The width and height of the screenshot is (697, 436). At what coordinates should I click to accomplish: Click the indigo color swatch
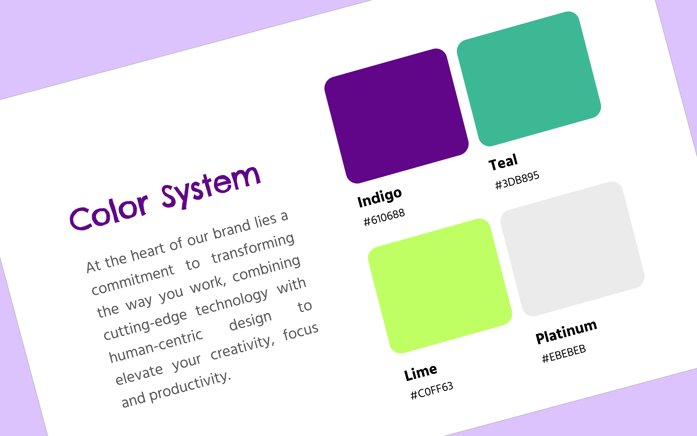pyautogui.click(x=396, y=116)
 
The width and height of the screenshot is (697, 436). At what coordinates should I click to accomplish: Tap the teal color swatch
pyautogui.click(x=529, y=79)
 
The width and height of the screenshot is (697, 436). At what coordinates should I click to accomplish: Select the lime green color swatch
pyautogui.click(x=440, y=286)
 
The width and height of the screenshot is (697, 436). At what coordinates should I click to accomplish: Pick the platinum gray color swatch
pyautogui.click(x=572, y=249)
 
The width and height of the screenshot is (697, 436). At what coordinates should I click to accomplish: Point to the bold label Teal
pyautogui.click(x=503, y=162)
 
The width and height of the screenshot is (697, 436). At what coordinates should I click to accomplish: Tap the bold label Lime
pyautogui.click(x=421, y=373)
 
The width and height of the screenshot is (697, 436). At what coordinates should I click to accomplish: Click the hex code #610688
pyautogui.click(x=384, y=217)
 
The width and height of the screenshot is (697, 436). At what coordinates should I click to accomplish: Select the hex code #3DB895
pyautogui.click(x=517, y=180)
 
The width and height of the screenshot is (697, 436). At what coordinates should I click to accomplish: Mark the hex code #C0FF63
pyautogui.click(x=432, y=390)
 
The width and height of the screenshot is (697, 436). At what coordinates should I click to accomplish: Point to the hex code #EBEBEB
pyautogui.click(x=564, y=353)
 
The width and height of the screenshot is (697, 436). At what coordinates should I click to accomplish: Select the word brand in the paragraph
pyautogui.click(x=232, y=229)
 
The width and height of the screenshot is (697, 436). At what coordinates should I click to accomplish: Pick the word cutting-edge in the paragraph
pyautogui.click(x=145, y=325)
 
